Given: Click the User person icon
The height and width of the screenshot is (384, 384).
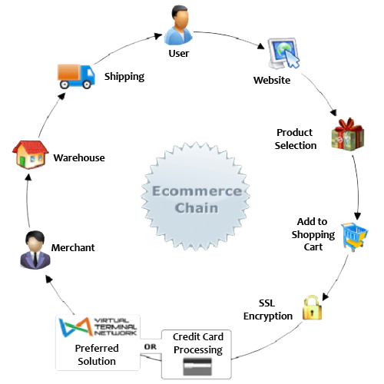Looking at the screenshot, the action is [x=178, y=25].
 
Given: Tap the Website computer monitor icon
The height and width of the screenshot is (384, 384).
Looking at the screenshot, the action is [x=283, y=53].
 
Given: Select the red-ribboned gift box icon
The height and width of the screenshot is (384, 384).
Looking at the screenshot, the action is [x=348, y=134].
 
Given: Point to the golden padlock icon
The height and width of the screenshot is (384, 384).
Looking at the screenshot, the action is [x=312, y=308].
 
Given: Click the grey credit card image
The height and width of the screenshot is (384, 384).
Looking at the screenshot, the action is [x=197, y=366].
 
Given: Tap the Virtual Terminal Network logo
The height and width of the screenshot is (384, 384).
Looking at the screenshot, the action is [x=98, y=327].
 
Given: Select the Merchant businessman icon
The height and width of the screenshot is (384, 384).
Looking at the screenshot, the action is [x=35, y=250].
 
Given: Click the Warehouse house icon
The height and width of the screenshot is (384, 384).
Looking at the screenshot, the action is [x=30, y=154].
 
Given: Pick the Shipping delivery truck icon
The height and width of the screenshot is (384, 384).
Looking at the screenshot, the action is [x=76, y=76].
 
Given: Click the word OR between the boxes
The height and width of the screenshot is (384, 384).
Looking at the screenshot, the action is [x=151, y=346].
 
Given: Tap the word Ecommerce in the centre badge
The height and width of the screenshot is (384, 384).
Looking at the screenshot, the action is [x=197, y=191].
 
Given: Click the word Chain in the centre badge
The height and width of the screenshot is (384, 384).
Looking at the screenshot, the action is [x=197, y=207].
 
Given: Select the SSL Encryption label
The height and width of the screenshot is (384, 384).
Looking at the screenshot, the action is [x=268, y=310].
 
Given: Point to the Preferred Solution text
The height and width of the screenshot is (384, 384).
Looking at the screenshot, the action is [x=97, y=355].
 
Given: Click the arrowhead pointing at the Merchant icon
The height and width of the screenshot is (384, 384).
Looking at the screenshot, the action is [x=48, y=279].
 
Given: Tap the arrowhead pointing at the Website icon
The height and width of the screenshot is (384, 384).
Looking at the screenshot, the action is [x=261, y=46].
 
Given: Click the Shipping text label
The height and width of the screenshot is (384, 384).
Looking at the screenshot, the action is [x=124, y=77].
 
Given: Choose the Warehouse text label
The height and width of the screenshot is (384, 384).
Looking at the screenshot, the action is [x=79, y=157].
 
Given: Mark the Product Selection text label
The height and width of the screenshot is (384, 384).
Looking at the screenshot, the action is [x=296, y=139].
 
